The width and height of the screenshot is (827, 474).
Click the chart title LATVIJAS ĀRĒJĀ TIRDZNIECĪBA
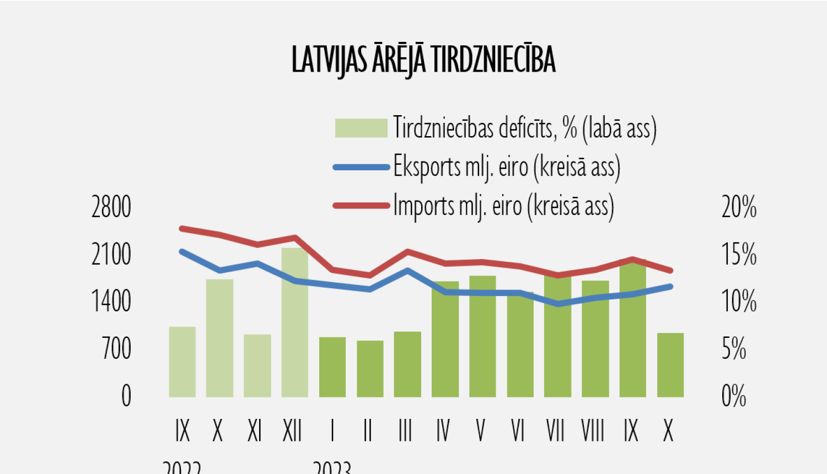pyautogui.click(x=423, y=60)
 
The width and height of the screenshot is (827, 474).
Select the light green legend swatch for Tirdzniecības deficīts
pyautogui.click(x=361, y=128)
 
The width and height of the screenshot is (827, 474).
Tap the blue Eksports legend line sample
pyautogui.click(x=361, y=167)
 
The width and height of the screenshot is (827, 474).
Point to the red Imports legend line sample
pyautogui.click(x=361, y=206)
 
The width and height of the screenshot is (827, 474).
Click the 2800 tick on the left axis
pyautogui.click(x=111, y=208)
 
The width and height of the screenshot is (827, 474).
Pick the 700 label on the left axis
pyautogui.click(x=117, y=349)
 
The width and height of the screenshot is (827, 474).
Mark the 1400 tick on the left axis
pyautogui.click(x=111, y=301)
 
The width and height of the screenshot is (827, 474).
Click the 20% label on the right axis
pyautogui.click(x=739, y=208)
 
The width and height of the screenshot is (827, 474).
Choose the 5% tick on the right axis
pyautogui.click(x=734, y=349)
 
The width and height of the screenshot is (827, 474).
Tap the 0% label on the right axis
pyautogui.click(x=734, y=396)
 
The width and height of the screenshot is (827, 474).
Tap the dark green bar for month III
pyautogui.click(x=407, y=364)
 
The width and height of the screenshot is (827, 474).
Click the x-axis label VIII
pyautogui.click(x=593, y=430)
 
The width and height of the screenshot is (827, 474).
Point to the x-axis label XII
pyautogui.click(x=292, y=430)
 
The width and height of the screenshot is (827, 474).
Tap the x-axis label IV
pyautogui.click(x=443, y=430)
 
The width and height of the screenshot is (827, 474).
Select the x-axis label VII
pyautogui.click(x=555, y=430)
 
